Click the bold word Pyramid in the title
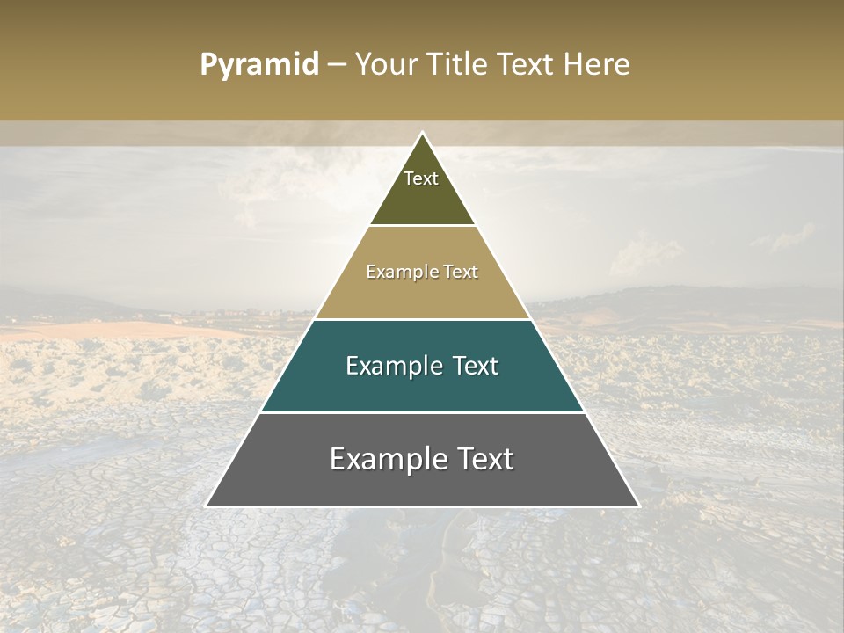pos(258,64)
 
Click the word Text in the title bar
pos(527,64)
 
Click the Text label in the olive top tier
pos(421,178)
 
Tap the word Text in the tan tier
pos(461,272)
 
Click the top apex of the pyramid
pos(422,134)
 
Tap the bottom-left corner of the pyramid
pos(207,506)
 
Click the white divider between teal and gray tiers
pos(422,412)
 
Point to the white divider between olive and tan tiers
pos(422,226)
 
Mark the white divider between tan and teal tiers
pos(422,319)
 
